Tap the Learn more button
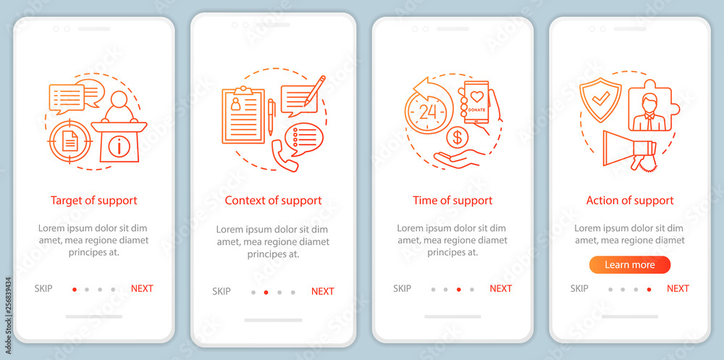[x=630, y=265]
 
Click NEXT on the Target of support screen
[x=142, y=288]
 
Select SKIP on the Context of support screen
[x=221, y=291]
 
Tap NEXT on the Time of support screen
[x=500, y=288]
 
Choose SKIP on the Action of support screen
[x=579, y=288]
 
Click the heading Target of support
[x=93, y=201]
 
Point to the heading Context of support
[x=274, y=201]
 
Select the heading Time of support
[x=452, y=201]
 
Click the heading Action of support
[x=630, y=201]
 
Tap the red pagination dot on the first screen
[x=75, y=290]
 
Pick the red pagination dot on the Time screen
[x=458, y=290]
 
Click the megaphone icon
[x=630, y=150]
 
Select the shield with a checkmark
[x=600, y=100]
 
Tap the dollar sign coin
[x=457, y=138]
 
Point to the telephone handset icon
[x=285, y=156]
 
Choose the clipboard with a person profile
[x=243, y=114]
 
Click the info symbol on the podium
[x=119, y=146]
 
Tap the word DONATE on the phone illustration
[x=476, y=109]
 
